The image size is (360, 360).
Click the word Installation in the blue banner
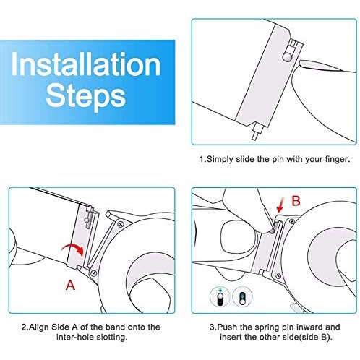point(85,64)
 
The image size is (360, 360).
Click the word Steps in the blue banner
point(86,96)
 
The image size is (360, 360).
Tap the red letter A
point(70,285)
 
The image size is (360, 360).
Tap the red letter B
point(296,200)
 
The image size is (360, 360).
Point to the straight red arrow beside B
point(280,205)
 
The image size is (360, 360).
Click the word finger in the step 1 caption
point(338,159)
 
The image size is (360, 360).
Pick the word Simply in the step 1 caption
point(220,159)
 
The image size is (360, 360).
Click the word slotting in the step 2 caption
point(112,337)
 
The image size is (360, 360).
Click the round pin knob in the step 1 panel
point(287,57)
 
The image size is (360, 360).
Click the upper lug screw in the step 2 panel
point(121,224)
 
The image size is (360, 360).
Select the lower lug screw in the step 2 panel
point(93,273)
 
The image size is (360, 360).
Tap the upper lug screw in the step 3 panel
point(292,221)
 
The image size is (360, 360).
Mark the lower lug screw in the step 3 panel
point(278,276)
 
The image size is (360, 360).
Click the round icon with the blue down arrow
point(220,296)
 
